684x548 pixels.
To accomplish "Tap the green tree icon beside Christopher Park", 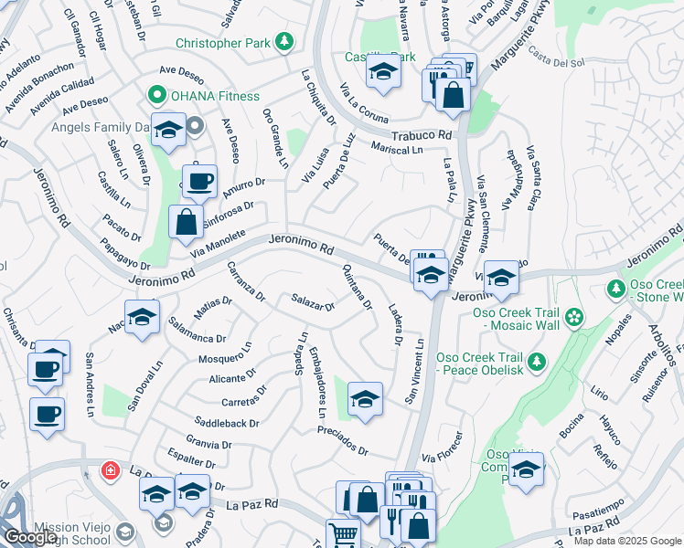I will point(285,41).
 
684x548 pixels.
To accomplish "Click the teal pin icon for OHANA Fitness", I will point(155,95).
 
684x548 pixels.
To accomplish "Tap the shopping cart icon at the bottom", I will point(342,533).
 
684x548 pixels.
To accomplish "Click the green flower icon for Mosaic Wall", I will point(574,318).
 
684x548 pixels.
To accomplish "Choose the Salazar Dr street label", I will point(313,301).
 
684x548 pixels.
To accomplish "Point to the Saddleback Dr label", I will point(228,424).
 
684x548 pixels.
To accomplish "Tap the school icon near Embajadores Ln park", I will point(364,398).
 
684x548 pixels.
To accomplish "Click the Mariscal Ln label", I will point(398,148).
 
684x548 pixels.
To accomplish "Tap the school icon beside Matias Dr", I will point(142,318).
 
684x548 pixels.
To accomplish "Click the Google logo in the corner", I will point(29,537).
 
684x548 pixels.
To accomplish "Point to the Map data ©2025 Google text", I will point(626,541).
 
